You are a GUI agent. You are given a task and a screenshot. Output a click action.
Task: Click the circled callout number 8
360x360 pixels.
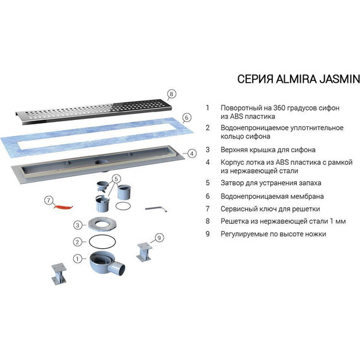click(171, 93)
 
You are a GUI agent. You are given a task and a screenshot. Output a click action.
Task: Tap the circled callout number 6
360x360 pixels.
click(187, 117)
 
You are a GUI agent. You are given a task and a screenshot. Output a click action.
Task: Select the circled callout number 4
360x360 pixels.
click(192, 153)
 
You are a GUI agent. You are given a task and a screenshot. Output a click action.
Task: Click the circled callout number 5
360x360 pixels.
click(116, 179)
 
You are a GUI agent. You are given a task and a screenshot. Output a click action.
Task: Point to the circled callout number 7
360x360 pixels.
click(49, 200)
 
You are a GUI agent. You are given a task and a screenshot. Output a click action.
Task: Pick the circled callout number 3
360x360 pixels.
click(78, 225)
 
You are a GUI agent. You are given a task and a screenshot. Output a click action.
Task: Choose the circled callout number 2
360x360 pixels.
click(78, 242)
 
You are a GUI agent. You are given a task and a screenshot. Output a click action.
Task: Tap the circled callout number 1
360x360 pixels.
click(78, 259)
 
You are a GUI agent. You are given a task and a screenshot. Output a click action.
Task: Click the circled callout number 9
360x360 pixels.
click(159, 237)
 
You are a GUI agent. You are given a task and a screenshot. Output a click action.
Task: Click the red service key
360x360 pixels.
click(63, 207)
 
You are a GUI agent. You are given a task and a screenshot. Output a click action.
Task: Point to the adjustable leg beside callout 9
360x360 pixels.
click(145, 252)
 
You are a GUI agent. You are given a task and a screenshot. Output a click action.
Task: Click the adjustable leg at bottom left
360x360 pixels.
click(59, 274)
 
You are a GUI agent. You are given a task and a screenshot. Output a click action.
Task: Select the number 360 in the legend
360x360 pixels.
click(279, 107)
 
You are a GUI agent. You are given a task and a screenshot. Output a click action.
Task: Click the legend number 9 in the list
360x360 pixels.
click(208, 234)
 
